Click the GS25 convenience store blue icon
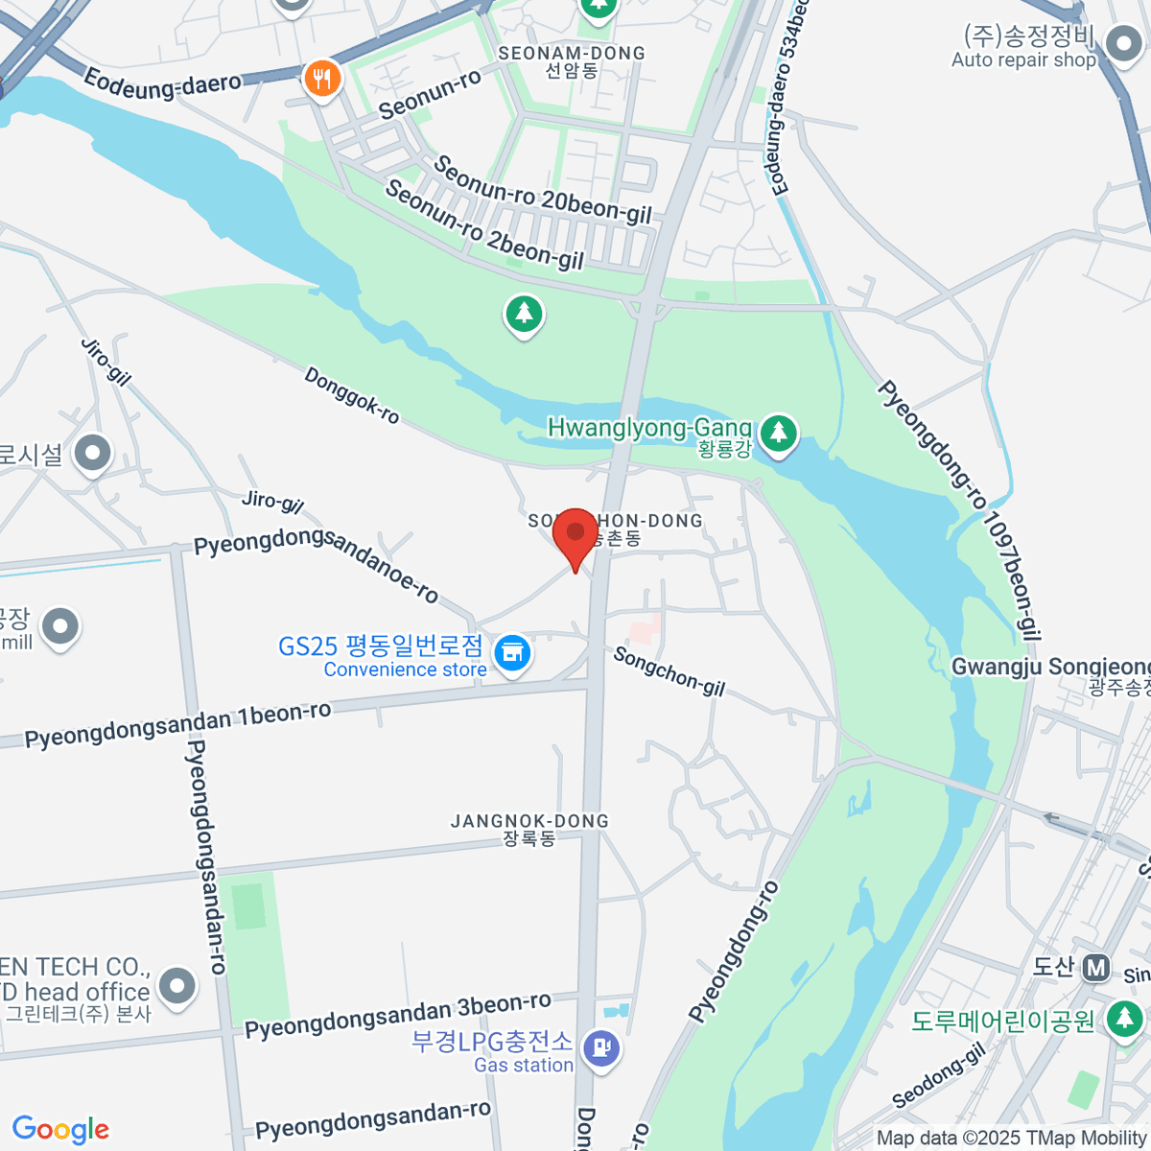[512, 653]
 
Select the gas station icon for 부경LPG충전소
[601, 1046]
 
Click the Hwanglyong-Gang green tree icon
[779, 433]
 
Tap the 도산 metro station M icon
[1095, 968]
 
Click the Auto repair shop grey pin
[1121, 43]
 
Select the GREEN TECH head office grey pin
[177, 985]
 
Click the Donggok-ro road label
[351, 395]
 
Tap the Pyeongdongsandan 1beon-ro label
[178, 725]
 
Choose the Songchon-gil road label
[669, 671]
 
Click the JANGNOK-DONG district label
[529, 822]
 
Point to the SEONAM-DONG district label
[572, 54]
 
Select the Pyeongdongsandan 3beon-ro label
[398, 1016]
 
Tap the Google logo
[61, 1129]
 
